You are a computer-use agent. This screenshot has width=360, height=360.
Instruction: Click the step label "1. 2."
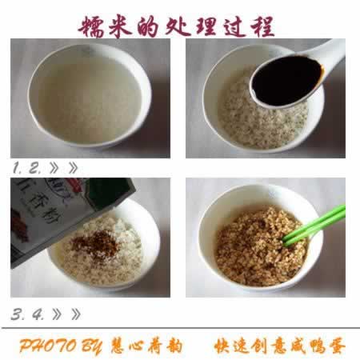(27, 168)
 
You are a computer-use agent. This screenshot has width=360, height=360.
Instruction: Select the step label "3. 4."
(29, 314)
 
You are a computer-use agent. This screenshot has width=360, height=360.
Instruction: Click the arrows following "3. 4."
(67, 314)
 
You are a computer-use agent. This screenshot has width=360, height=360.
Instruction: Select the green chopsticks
(316, 226)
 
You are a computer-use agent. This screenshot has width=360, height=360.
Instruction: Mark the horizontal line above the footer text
(180, 330)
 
